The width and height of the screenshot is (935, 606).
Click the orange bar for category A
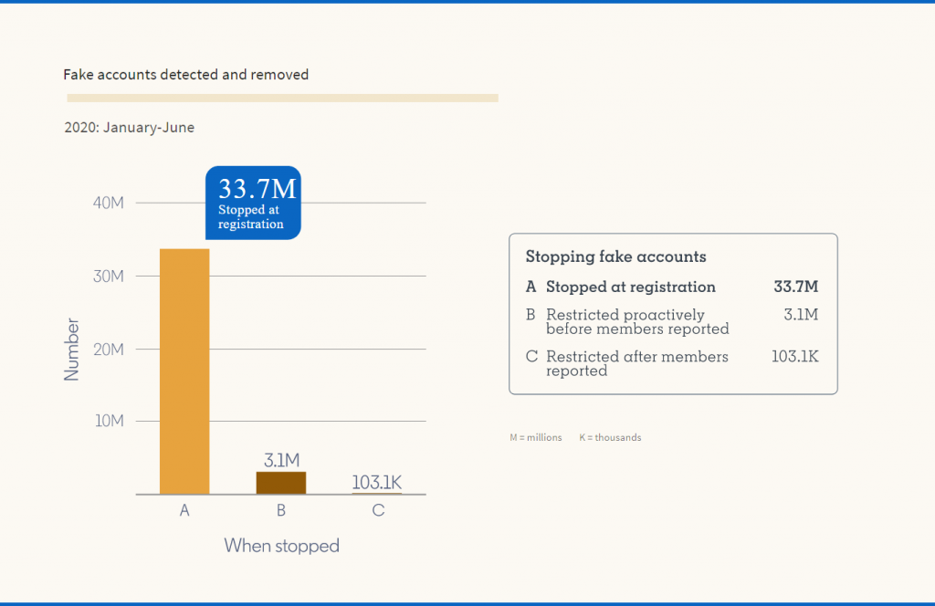[x=184, y=371]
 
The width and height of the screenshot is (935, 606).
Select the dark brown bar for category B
[x=281, y=483]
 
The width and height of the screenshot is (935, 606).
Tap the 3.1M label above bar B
[x=281, y=460]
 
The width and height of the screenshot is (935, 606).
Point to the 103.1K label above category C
[x=378, y=482]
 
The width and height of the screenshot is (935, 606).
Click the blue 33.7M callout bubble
[x=253, y=203]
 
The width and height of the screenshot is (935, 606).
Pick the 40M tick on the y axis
[x=109, y=203]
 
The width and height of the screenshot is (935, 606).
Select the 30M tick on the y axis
[x=109, y=276]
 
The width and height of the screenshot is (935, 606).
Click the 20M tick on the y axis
[x=109, y=349]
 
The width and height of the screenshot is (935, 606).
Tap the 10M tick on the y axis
[x=109, y=421]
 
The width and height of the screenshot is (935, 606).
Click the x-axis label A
[x=184, y=511]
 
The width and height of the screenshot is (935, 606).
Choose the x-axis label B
[x=281, y=511]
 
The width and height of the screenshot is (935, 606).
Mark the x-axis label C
[x=378, y=511]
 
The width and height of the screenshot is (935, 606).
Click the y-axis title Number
[x=72, y=349]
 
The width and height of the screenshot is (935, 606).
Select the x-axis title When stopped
[x=281, y=546]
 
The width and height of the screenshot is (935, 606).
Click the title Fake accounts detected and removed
[x=186, y=75]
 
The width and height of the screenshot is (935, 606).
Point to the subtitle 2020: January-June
[x=129, y=128]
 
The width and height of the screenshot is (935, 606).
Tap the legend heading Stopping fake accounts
[x=615, y=257]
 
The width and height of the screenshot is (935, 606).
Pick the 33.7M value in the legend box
[x=795, y=287]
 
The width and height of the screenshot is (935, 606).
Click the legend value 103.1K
[x=794, y=356]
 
